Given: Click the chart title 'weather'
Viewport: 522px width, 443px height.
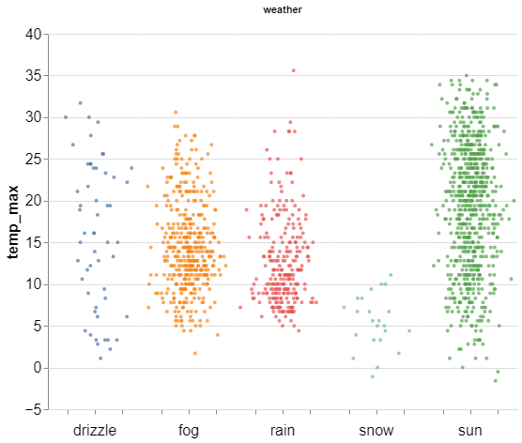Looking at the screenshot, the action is [x=283, y=9].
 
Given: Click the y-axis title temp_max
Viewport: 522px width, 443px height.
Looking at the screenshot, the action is [x=13, y=222].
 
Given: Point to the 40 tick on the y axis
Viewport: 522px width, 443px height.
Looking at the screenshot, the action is [x=34, y=34].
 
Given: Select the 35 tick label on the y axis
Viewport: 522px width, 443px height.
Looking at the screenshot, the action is [x=34, y=76].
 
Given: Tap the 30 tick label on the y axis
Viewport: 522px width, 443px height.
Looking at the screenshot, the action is [x=34, y=117].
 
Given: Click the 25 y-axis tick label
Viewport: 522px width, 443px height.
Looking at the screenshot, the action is [x=34, y=160].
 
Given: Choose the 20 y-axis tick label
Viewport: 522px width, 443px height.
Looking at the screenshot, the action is [x=34, y=201].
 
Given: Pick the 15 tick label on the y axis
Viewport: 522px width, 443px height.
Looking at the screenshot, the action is [x=34, y=243].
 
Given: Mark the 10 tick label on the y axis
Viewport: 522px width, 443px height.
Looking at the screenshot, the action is [x=34, y=284].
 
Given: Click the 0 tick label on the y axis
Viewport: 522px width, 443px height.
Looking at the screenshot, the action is [x=38, y=368].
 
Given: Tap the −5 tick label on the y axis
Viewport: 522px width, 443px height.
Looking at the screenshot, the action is [x=34, y=410].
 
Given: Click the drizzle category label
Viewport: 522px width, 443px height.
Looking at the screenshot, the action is [x=95, y=431].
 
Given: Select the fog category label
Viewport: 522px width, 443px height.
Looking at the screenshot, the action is [x=189, y=431].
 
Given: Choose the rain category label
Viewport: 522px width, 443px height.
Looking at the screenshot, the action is [x=283, y=431].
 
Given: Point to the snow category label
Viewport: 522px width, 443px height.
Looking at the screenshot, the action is [x=376, y=431].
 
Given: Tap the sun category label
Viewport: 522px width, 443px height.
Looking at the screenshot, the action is [x=470, y=431].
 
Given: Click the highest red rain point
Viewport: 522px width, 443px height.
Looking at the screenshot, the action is [x=293, y=70].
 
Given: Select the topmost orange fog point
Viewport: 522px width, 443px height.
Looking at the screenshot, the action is [x=176, y=113].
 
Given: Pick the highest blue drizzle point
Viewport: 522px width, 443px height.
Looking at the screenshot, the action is [x=80, y=103].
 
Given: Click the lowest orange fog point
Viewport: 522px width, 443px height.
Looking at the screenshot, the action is [x=195, y=353].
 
